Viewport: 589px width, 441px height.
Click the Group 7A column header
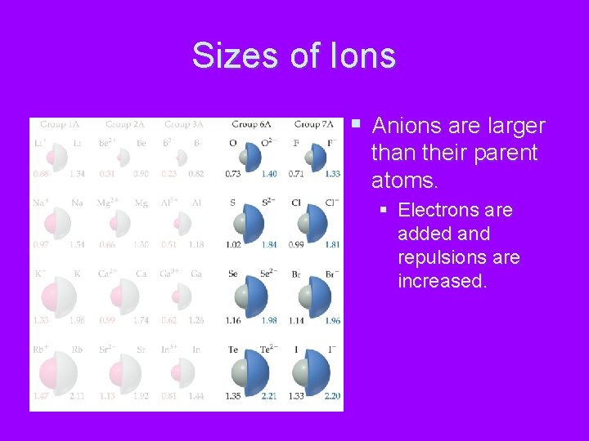313,124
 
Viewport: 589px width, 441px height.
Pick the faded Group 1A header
59,124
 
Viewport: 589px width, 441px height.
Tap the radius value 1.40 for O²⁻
269,174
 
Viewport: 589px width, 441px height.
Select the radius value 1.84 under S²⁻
269,245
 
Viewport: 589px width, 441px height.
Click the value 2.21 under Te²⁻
269,397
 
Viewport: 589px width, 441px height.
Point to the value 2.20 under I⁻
332,397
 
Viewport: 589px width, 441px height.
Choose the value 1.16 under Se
233,321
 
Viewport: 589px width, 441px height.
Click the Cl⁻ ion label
332,203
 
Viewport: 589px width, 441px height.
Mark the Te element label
233,350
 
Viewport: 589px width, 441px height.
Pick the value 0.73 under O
233,174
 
